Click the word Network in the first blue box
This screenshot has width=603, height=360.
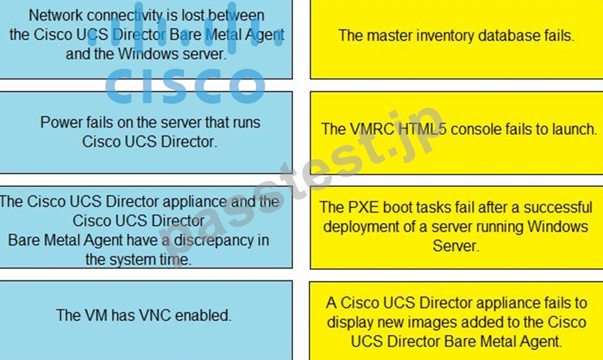[56, 16]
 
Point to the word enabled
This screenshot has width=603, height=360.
[203, 315]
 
